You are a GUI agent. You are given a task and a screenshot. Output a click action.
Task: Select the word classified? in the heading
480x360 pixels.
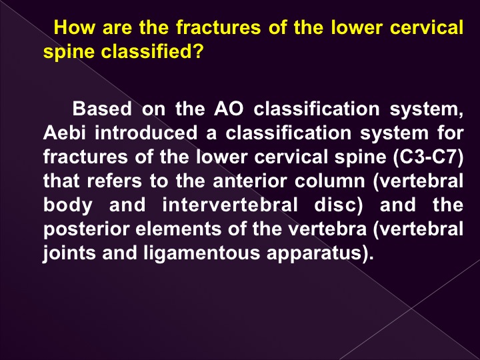pyautogui.click(x=152, y=51)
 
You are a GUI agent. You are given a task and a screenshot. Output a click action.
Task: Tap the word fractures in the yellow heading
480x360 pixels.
pyautogui.click(x=218, y=27)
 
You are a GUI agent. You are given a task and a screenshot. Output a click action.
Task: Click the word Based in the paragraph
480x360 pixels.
pyautogui.click(x=102, y=109)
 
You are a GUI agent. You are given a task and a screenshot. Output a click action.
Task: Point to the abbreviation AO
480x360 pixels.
pyautogui.click(x=229, y=109)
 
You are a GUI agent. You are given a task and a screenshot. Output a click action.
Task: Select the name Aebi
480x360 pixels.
pyautogui.click(x=64, y=133)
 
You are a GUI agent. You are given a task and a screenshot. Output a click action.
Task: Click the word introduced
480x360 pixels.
pyautogui.click(x=146, y=133)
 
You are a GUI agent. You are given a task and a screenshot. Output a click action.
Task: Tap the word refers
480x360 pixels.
pyautogui.click(x=115, y=181)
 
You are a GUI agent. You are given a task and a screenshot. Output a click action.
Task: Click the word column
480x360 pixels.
pyautogui.click(x=330, y=181)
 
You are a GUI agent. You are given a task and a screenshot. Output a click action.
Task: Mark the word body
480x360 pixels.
pyautogui.click(x=67, y=205)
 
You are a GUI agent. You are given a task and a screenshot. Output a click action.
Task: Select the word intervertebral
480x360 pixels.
pyautogui.click(x=230, y=205)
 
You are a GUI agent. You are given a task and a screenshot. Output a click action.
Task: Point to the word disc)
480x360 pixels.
pyautogui.click(x=339, y=205)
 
